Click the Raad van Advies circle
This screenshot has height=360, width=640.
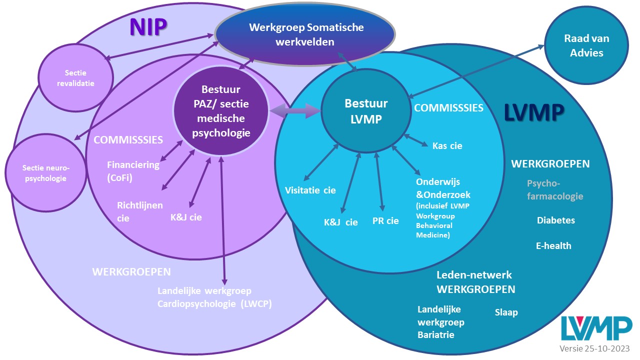(x=586, y=46)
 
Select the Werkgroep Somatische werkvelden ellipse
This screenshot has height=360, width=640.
(x=305, y=34)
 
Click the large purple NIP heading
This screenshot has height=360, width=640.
(x=148, y=27)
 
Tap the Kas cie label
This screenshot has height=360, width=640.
(x=447, y=146)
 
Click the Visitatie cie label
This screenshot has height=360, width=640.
(x=310, y=190)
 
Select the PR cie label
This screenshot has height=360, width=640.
(x=385, y=220)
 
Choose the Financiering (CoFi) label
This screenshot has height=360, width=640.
(x=133, y=170)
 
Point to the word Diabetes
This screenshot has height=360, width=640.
(x=555, y=220)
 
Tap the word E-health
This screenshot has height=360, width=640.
(x=553, y=246)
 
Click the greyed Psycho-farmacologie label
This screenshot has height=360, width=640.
(x=554, y=190)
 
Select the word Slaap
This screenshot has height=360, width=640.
(x=506, y=312)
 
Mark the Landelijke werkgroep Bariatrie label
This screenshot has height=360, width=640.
(x=440, y=322)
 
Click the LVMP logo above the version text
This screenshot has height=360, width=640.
(x=595, y=328)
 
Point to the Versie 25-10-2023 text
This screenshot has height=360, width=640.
(x=594, y=349)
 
